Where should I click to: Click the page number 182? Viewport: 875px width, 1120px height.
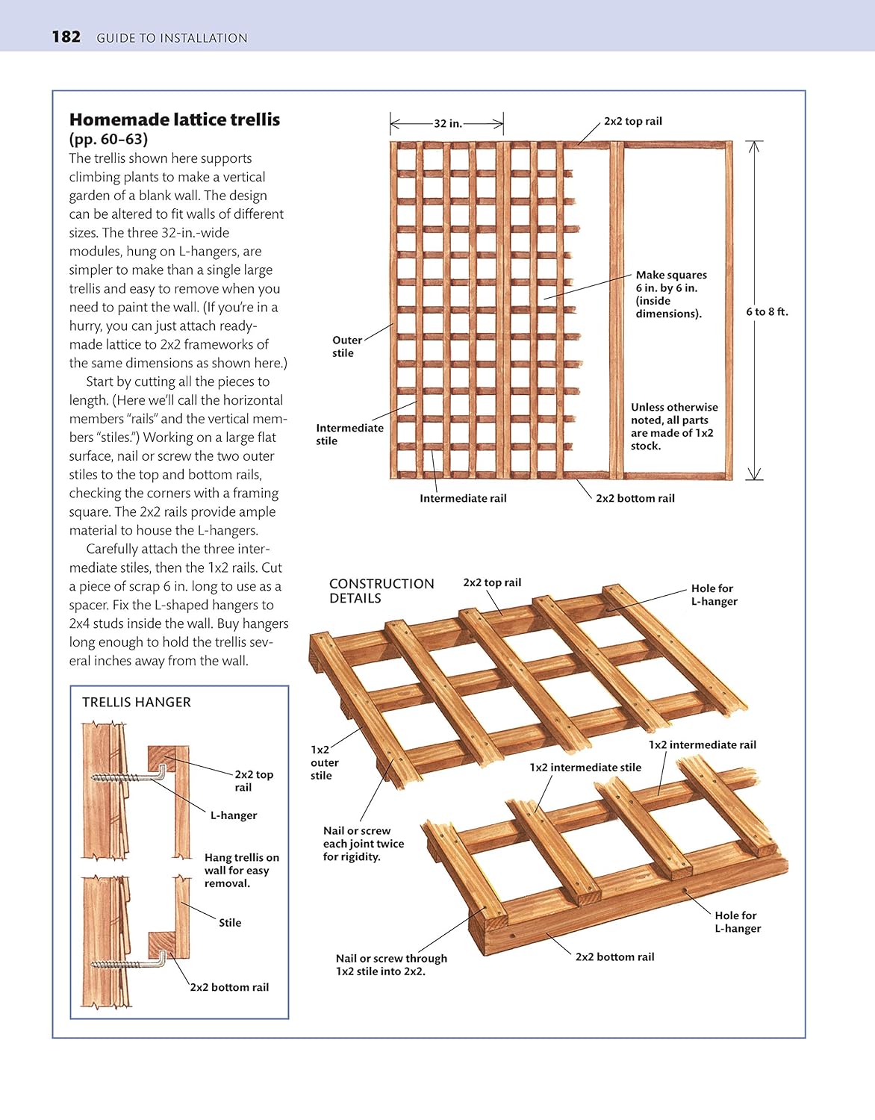point(66,37)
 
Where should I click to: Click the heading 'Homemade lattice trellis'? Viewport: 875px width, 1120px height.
point(175,119)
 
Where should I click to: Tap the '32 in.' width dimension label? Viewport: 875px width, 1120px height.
point(448,123)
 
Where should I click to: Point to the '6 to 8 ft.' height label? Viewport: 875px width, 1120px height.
point(767,311)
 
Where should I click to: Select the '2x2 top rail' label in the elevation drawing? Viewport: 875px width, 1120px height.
point(632,121)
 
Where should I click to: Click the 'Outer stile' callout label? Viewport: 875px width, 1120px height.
point(346,346)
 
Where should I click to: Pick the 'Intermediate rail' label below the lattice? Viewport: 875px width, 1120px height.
point(463,498)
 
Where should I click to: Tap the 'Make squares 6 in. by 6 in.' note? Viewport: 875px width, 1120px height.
point(670,294)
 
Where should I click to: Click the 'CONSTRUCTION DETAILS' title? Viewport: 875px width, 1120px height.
point(381,591)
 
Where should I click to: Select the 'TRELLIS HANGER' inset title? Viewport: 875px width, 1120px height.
point(137,702)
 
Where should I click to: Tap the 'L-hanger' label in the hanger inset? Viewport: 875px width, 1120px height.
point(233,815)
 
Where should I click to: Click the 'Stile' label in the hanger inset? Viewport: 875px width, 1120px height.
point(230,923)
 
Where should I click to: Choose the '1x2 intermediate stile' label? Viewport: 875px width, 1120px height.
point(585,767)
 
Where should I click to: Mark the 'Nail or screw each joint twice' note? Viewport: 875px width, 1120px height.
point(363,844)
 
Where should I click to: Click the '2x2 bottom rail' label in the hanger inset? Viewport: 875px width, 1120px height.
point(229,987)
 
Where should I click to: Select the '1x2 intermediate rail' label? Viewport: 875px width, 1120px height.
point(702,744)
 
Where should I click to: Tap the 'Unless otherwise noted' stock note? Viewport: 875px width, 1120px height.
point(673,426)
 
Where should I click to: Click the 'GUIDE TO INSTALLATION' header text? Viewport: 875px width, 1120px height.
point(172,38)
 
